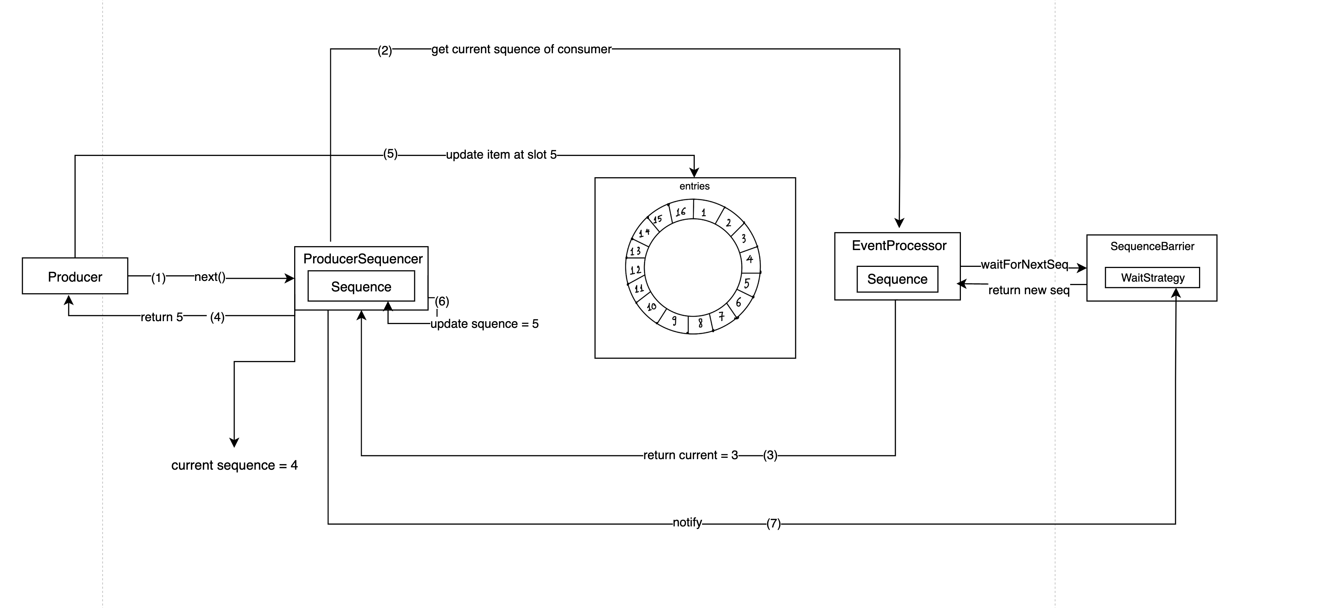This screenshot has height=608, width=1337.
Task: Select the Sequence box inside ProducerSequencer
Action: (361, 286)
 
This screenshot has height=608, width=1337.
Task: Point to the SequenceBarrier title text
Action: (1152, 246)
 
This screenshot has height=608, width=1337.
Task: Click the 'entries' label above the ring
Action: (694, 186)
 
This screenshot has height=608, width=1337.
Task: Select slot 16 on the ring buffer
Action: (680, 211)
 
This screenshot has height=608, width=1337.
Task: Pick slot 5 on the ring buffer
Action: (747, 283)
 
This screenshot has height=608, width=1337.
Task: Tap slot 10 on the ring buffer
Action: (651, 307)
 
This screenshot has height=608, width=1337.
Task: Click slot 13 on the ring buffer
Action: (635, 251)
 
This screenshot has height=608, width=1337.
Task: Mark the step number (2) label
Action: (385, 50)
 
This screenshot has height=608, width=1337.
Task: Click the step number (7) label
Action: (773, 523)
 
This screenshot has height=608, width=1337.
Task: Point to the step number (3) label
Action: (770, 455)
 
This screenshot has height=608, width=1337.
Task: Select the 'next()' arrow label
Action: (210, 277)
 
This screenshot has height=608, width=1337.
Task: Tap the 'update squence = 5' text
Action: (484, 324)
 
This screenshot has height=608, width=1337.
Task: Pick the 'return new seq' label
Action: (1029, 290)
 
